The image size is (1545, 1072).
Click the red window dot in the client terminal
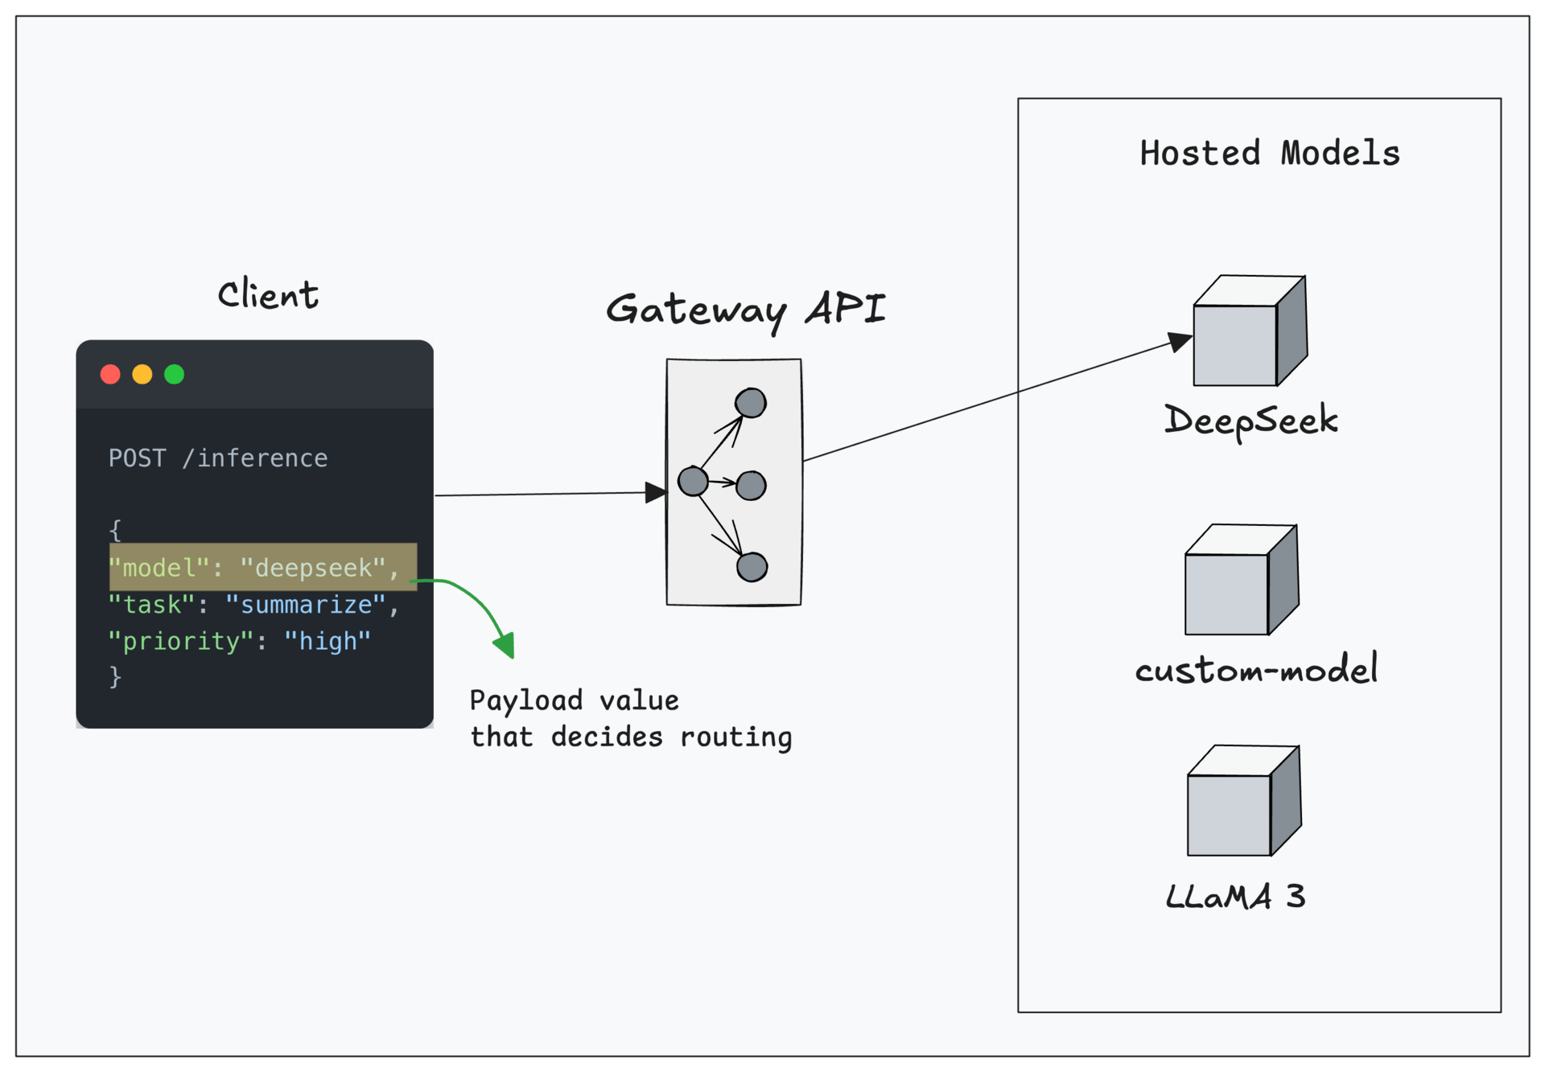(x=110, y=375)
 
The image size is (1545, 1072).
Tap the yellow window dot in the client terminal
(x=142, y=375)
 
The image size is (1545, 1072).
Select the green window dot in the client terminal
(x=174, y=375)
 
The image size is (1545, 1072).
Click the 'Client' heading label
(x=268, y=294)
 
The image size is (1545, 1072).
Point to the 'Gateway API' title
(x=745, y=310)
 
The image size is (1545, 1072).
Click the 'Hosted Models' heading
(x=1270, y=154)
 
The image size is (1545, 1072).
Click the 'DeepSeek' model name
(x=1251, y=421)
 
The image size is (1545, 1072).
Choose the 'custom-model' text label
(x=1256, y=669)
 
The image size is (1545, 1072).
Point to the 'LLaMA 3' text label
(x=1235, y=896)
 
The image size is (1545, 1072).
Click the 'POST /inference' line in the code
(x=218, y=458)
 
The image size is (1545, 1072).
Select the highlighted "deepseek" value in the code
(x=314, y=569)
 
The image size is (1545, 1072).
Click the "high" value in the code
(x=328, y=642)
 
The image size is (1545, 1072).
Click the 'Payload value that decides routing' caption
(x=631, y=719)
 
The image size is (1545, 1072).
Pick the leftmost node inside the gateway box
(x=693, y=481)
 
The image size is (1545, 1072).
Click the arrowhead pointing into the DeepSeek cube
(x=1180, y=341)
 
